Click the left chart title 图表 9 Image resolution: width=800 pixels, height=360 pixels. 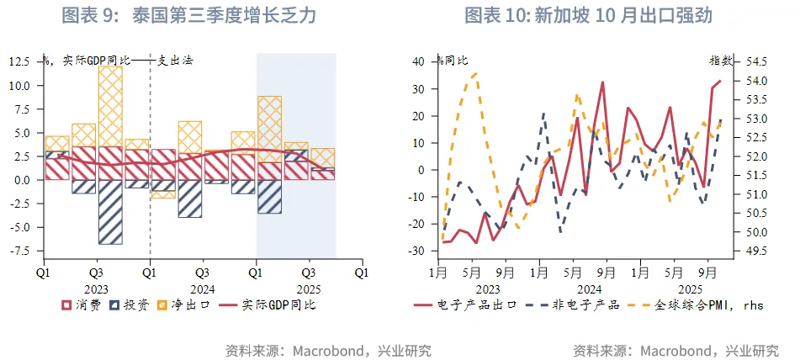tap(189, 16)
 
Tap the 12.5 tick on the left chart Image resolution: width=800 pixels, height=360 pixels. tap(20, 61)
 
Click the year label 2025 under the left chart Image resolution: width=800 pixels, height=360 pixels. tap(308, 287)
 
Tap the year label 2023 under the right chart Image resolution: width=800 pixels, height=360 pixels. tap(488, 287)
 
